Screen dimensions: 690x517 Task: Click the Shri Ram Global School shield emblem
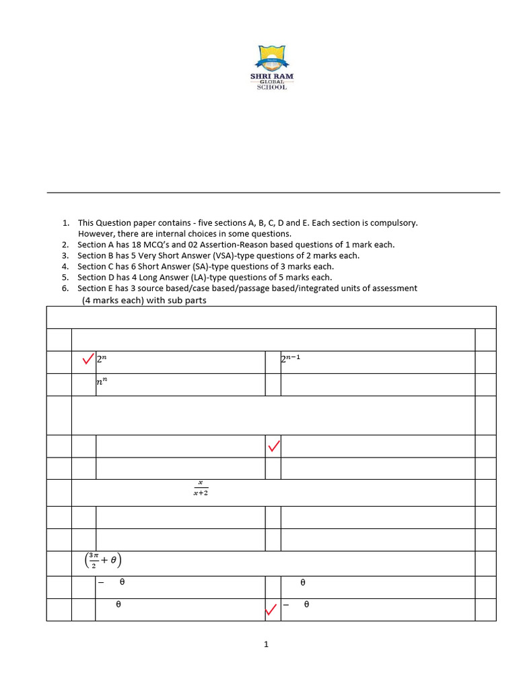click(x=271, y=59)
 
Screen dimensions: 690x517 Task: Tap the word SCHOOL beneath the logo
click(x=271, y=88)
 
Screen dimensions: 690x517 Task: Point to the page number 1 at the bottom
click(x=266, y=645)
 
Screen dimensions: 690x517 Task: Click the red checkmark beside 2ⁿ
click(x=88, y=359)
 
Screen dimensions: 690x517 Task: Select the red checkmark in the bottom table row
click(x=271, y=610)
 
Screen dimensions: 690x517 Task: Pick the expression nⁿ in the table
click(x=102, y=381)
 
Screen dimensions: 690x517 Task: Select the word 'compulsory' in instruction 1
click(x=396, y=222)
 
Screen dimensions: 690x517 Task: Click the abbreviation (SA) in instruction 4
click(x=186, y=266)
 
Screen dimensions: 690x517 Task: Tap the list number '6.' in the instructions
click(x=65, y=288)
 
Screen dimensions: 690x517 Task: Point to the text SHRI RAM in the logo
click(x=271, y=76)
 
